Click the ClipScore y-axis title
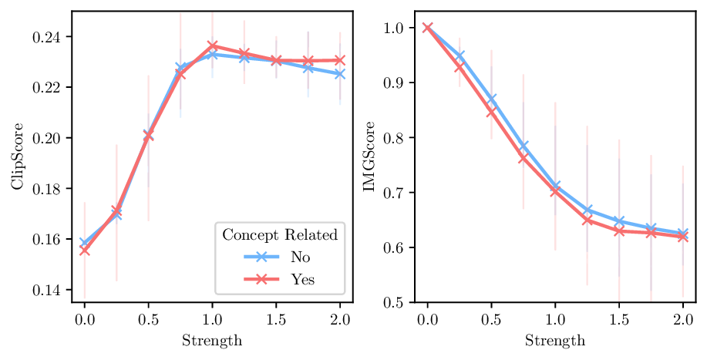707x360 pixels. (17, 156)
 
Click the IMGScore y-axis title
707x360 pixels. (369, 156)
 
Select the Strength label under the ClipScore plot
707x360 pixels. (212, 340)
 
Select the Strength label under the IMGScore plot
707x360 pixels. (555, 340)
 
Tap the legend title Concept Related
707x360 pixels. (280, 234)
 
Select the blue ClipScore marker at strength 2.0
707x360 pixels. (340, 74)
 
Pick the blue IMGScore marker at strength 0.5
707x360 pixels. (490, 99)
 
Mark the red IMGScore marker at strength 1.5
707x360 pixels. (618, 230)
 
